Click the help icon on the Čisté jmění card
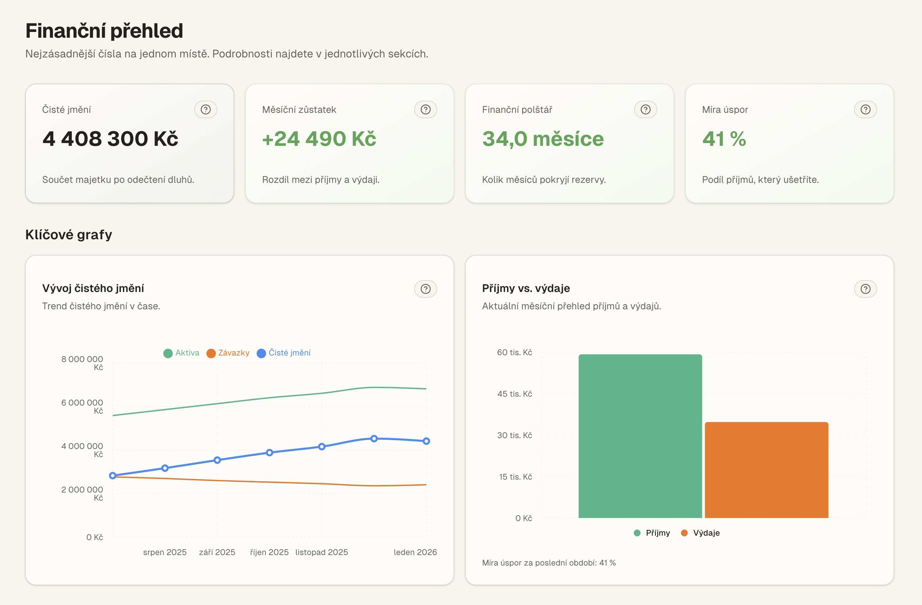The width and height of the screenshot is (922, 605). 205,109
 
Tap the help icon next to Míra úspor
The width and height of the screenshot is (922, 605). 865,109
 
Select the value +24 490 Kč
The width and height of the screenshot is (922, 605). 319,139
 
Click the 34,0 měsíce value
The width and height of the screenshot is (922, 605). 542,139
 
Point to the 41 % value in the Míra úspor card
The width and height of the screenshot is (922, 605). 724,139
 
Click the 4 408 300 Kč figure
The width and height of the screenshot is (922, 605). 110,139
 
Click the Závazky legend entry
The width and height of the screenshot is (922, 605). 228,353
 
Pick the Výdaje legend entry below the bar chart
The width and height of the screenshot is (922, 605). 700,533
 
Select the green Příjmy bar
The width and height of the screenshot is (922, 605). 640,436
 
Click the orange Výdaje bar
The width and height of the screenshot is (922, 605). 766,470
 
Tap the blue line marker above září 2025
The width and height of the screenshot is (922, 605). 217,460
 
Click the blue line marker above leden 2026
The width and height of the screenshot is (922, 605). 426,441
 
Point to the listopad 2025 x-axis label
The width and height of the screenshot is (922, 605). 321,552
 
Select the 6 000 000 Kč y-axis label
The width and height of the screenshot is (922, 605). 82,406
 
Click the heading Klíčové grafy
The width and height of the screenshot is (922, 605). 69,235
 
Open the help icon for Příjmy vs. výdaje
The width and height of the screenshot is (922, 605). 865,289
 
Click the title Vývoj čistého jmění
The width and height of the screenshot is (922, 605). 93,288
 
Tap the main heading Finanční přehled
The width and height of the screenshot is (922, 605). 104,31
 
